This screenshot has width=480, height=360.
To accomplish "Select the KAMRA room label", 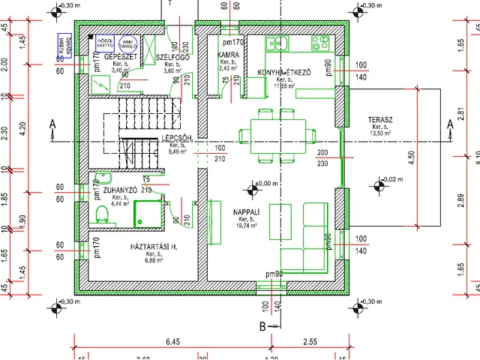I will pyautogui.click(x=228, y=55).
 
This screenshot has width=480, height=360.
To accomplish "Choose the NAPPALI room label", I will pyautogui.click(x=247, y=212).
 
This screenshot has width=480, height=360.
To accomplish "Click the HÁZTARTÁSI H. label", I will pyautogui.click(x=153, y=246).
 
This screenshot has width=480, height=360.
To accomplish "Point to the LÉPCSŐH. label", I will pyautogui.click(x=178, y=139).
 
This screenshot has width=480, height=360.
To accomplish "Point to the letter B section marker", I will pyautogui.click(x=262, y=326).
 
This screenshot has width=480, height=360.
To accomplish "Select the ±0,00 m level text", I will pyautogui.click(x=268, y=183).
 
